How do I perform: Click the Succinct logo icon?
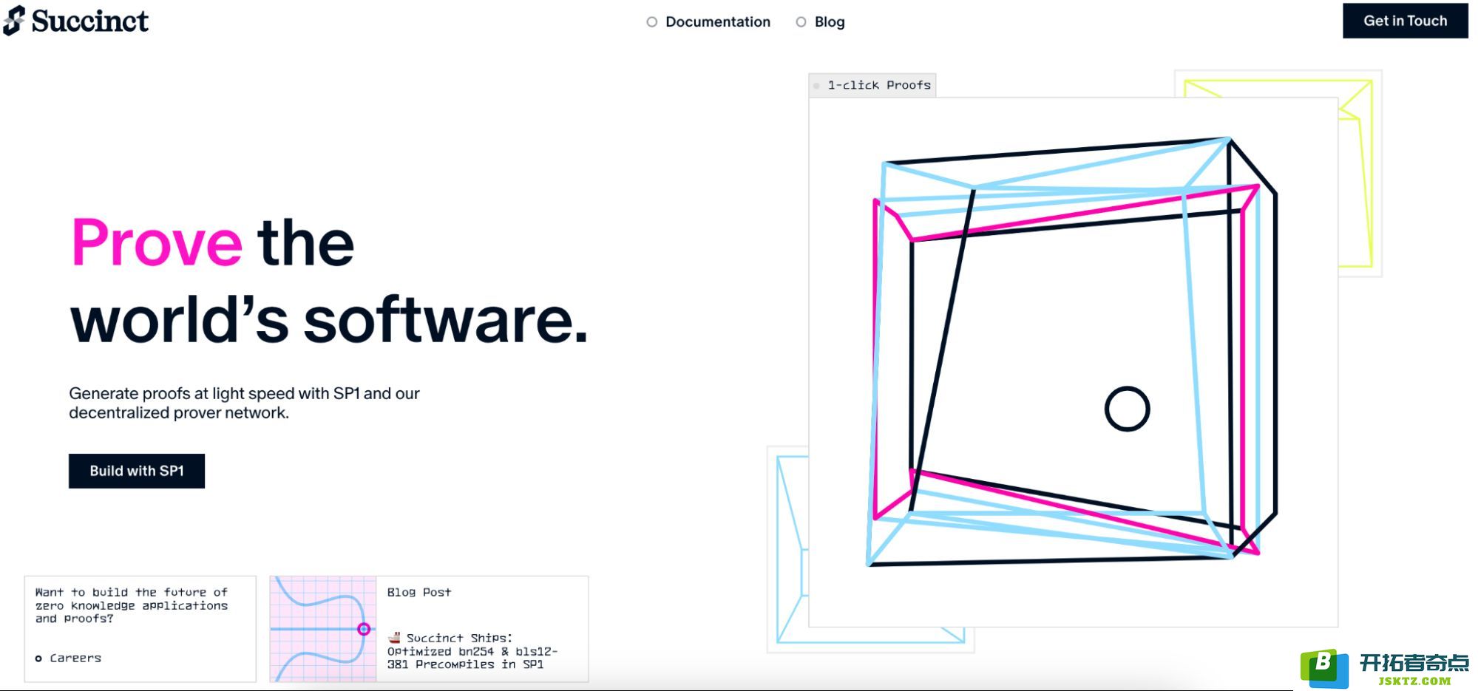tap(14, 21)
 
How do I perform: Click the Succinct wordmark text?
tap(90, 21)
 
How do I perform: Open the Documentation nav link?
tap(717, 22)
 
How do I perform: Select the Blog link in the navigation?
tap(830, 22)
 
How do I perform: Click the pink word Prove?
tap(157, 242)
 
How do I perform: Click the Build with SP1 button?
tap(137, 471)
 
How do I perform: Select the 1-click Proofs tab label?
tap(879, 85)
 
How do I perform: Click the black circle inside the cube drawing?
tap(1127, 409)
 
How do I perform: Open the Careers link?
tap(75, 658)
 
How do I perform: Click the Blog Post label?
tap(419, 592)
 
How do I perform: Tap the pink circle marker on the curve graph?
tap(364, 629)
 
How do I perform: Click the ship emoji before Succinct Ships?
tap(394, 637)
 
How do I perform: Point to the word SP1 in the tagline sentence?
tap(346, 393)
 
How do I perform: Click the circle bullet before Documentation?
tap(651, 22)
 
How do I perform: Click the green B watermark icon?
tap(1324, 667)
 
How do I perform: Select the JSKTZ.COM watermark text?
tap(1414, 681)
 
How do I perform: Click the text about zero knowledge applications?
tap(132, 605)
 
